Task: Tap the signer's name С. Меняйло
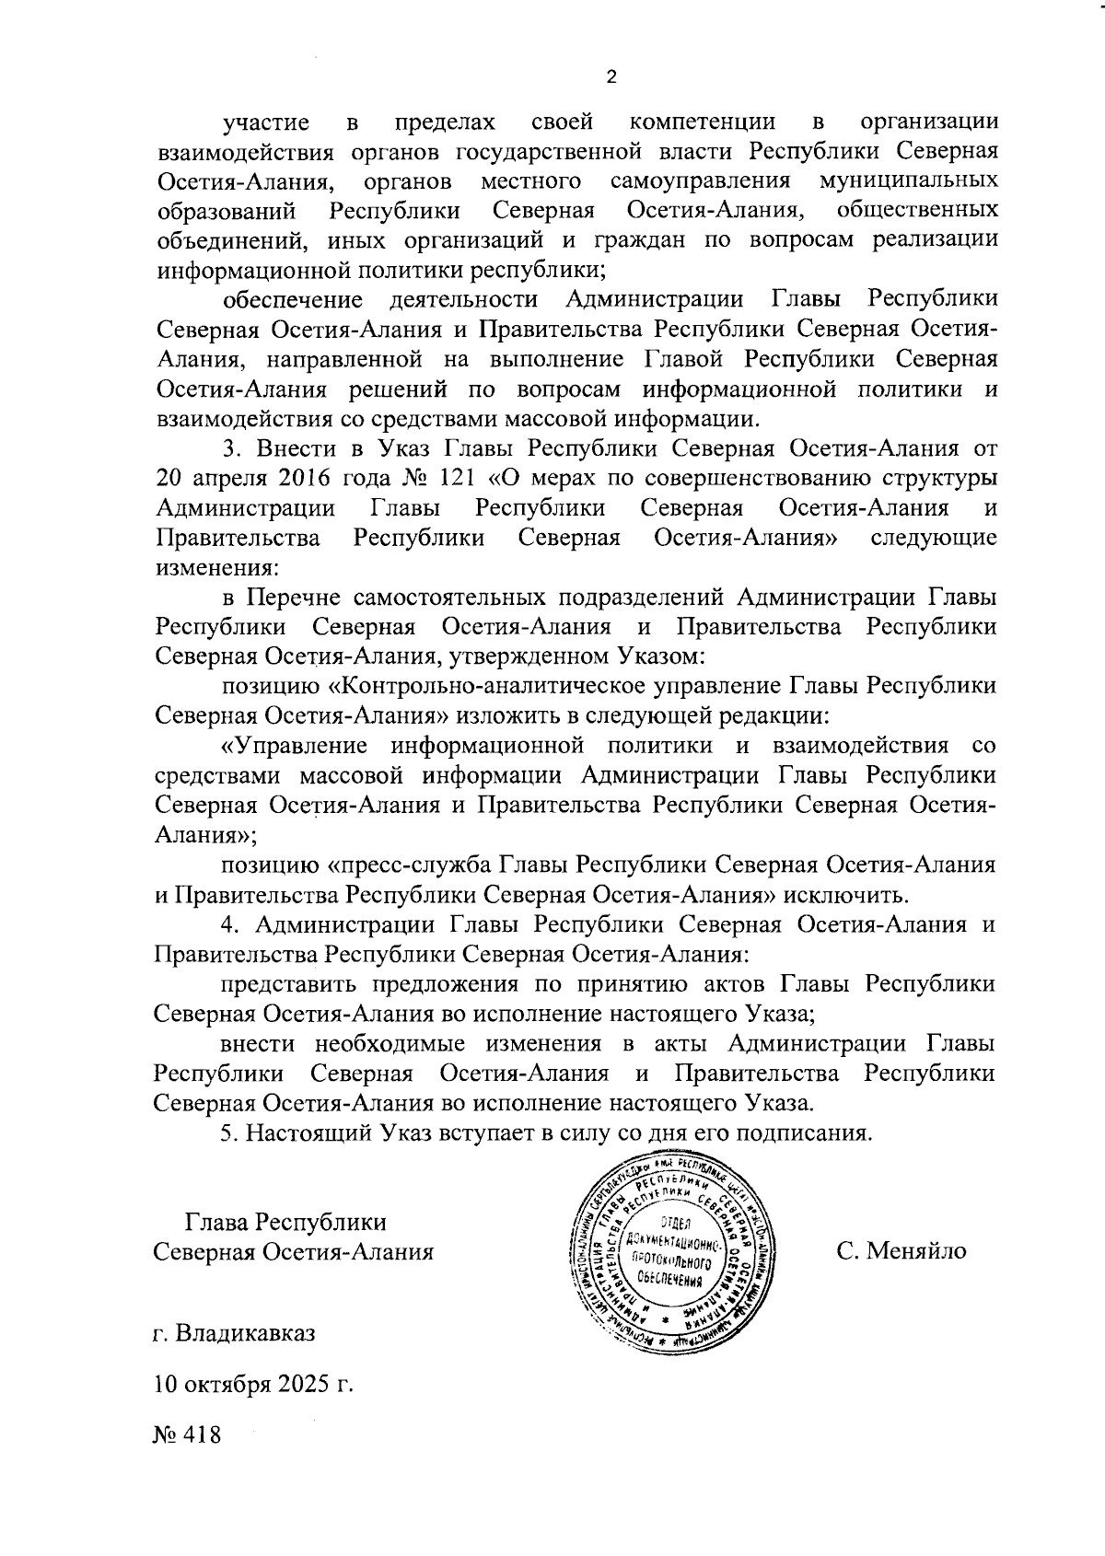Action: coord(901,1251)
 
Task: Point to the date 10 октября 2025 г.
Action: coord(254,1385)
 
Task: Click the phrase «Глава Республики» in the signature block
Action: coord(285,1222)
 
